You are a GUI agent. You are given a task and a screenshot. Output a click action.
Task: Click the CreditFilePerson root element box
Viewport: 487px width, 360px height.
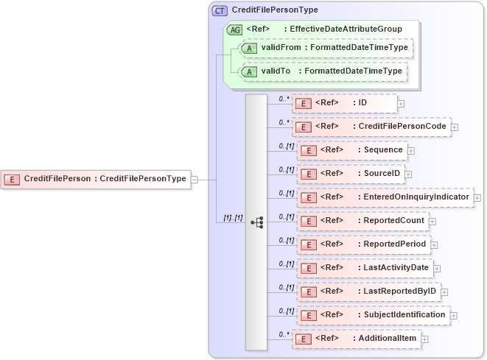[96, 179]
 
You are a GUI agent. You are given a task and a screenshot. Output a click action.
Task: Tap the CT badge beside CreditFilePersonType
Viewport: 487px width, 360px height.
[220, 10]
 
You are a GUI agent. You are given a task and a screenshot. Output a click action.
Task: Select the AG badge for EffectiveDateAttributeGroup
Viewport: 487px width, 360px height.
[234, 29]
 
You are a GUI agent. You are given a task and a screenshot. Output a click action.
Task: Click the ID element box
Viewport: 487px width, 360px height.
[344, 103]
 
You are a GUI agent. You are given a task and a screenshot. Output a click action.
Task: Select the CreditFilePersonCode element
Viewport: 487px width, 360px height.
[371, 127]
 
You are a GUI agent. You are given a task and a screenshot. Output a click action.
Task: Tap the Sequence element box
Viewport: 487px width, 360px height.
[352, 150]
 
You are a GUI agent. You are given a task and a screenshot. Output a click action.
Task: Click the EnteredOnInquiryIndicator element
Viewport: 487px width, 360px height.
[385, 197]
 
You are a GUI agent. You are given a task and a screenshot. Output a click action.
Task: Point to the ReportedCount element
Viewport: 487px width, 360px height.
[362, 221]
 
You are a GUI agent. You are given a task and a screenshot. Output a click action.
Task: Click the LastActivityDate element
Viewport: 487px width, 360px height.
[365, 268]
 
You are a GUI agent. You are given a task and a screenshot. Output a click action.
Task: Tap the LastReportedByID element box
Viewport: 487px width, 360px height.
[368, 292]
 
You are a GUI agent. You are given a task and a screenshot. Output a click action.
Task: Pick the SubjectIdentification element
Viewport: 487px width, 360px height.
[373, 315]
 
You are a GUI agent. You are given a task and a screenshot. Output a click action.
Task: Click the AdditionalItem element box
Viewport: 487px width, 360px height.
[355, 339]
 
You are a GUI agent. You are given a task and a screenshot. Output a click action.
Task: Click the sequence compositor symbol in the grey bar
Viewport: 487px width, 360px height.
[256, 222]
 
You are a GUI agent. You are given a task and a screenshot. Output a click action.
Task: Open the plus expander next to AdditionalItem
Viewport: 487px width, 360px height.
[424, 339]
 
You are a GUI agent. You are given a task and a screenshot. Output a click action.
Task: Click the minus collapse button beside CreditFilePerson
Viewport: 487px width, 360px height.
[194, 179]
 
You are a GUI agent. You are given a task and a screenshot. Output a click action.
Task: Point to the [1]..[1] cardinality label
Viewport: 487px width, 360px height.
[233, 219]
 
